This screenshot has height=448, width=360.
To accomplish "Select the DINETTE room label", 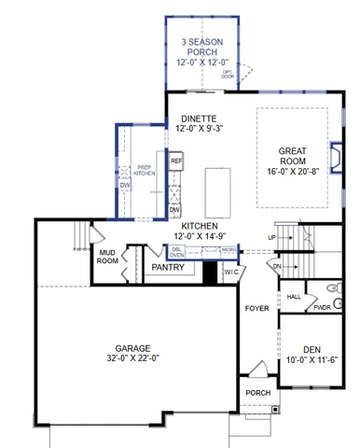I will pyautogui.click(x=198, y=119).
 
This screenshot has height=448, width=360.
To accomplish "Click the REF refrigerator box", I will pyautogui.click(x=174, y=161).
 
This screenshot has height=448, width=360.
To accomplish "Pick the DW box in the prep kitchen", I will pyautogui.click(x=126, y=186).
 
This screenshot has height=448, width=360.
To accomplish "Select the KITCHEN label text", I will pyautogui.click(x=199, y=228).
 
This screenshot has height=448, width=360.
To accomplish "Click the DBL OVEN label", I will pyautogui.click(x=177, y=252).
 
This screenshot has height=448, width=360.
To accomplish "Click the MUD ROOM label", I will pyautogui.click(x=108, y=257).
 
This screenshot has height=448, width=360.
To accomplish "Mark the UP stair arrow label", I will pyautogui.click(x=271, y=238).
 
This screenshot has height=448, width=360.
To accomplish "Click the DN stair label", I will pyautogui.click(x=277, y=266).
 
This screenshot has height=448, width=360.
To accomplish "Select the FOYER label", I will pyautogui.click(x=256, y=307).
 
